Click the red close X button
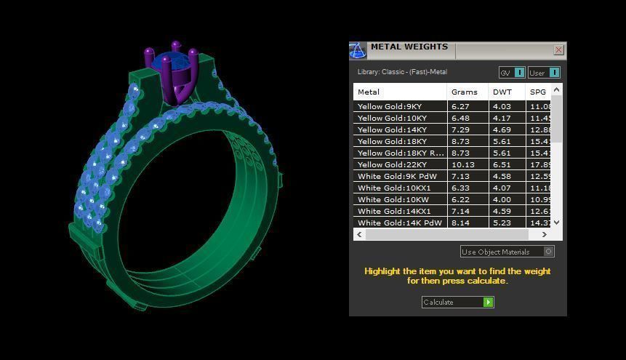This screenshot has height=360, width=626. click(x=558, y=50)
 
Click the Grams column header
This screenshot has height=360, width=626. click(x=464, y=92)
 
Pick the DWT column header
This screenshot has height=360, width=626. click(x=502, y=92)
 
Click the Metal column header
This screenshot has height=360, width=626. click(x=369, y=92)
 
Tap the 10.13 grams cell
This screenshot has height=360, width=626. click(x=462, y=164)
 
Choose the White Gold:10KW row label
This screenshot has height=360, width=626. click(x=393, y=199)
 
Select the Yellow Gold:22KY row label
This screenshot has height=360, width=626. click(x=392, y=164)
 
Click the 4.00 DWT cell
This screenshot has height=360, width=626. click(x=502, y=199)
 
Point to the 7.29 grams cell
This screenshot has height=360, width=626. click(x=460, y=129)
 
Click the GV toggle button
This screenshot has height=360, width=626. click(x=511, y=73)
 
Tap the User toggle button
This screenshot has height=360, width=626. click(x=543, y=73)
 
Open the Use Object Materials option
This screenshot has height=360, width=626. click(x=507, y=252)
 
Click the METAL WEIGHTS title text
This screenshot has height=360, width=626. click(x=409, y=47)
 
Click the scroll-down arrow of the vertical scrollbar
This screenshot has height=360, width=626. click(x=557, y=223)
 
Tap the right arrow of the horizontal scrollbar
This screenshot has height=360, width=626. click(x=544, y=235)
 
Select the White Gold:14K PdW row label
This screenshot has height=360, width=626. click(x=399, y=223)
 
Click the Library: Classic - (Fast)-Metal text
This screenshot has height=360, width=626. click(x=402, y=72)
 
